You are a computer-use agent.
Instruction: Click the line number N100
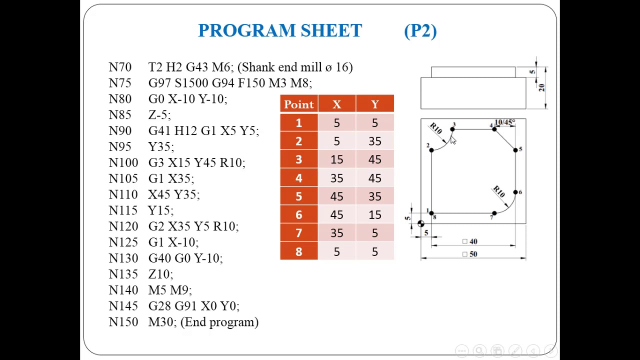123,163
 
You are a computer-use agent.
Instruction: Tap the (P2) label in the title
420,31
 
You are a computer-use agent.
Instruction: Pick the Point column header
298,104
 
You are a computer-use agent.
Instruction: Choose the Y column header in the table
374,104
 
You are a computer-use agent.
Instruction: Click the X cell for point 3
336,160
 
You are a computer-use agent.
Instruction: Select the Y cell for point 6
374,215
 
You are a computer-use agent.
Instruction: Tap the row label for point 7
298,233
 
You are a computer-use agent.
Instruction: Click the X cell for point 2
336,141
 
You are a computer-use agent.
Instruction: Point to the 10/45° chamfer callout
504,122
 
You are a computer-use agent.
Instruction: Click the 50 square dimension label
473,254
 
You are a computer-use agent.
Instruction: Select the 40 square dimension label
473,241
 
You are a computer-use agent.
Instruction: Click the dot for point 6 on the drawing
515,192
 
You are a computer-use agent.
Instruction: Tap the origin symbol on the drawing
420,224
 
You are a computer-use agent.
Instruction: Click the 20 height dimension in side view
541,88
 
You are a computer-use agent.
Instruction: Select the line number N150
123,322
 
